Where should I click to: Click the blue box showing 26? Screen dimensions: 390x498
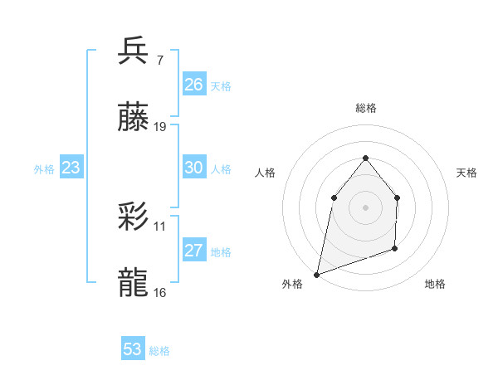193,85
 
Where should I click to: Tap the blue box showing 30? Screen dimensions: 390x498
193,168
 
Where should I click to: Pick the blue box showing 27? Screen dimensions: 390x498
193,251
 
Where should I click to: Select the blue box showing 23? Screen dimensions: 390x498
71,168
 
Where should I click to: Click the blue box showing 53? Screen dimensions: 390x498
133,349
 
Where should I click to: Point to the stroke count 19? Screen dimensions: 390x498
161,127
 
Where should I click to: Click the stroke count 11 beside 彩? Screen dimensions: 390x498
160,226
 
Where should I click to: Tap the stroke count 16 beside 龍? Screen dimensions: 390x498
160,292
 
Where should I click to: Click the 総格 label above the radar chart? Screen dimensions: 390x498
366,108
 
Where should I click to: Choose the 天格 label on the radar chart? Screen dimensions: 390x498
467,173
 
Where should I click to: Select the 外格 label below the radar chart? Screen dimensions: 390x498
292,284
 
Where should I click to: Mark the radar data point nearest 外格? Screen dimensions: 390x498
316,275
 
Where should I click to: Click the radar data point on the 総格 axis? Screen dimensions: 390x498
366,157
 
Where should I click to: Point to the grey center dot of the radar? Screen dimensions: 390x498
366,207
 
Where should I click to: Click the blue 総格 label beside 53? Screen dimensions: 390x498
159,351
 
